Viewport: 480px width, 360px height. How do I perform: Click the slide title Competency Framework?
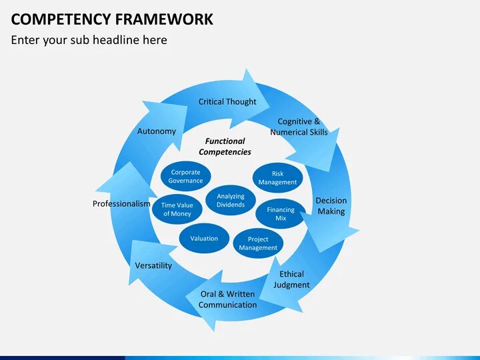coord(112,19)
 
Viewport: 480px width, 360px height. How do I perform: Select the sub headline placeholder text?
coord(89,40)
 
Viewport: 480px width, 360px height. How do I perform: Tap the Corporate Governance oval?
coord(185,177)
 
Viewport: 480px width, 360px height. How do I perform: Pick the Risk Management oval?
coord(277,178)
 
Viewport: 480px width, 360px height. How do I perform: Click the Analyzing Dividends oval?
coord(231,201)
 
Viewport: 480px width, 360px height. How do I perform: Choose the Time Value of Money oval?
coord(177,209)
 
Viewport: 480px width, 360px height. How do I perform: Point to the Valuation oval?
coord(204,239)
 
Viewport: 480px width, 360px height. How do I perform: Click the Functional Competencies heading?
coord(225,147)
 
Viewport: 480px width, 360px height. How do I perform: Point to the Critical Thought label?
coord(227,102)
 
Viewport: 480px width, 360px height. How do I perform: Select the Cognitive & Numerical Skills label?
coord(299,127)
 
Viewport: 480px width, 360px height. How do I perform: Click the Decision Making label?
coord(331,206)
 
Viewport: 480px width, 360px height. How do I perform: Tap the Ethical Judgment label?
coord(291,279)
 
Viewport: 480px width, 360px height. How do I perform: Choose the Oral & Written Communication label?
coord(227,299)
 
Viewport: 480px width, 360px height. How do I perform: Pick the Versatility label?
coord(153,265)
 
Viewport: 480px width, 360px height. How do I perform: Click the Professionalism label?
coord(121,204)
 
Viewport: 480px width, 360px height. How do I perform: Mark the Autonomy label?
coord(157,131)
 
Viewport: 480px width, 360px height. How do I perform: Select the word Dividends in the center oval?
coord(231,205)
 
